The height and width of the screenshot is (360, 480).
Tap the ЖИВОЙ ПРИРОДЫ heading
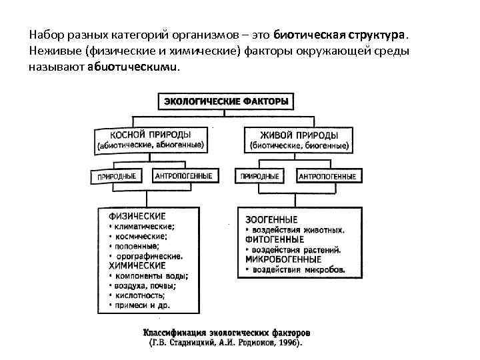click(300, 133)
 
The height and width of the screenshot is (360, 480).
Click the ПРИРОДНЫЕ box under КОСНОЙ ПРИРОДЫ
click(117, 177)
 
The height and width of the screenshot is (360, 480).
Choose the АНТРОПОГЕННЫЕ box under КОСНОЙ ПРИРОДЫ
click(183, 176)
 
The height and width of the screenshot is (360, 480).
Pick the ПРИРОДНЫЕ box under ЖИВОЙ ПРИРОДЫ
click(260, 177)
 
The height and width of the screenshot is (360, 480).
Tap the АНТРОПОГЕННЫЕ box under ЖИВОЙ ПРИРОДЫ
click(327, 177)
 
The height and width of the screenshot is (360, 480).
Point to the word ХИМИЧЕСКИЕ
click(136, 265)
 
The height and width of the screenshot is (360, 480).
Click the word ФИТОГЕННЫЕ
click(275, 239)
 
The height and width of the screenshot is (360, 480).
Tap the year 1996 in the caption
click(289, 344)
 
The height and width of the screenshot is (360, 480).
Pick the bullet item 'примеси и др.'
click(142, 305)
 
